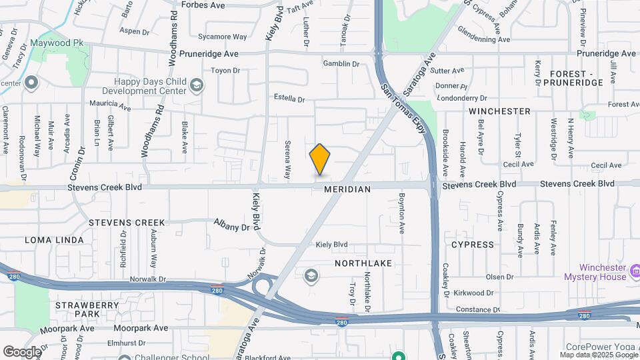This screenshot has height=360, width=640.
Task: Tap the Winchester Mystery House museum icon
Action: click(x=635, y=272)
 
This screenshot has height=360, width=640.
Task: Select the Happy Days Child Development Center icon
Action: click(x=196, y=85)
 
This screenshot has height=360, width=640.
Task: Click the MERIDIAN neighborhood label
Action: click(x=347, y=189)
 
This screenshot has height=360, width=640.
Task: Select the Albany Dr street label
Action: click(x=231, y=225)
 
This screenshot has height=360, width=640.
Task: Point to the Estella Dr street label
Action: click(x=289, y=99)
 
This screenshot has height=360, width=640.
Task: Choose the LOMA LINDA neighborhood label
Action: click(x=55, y=240)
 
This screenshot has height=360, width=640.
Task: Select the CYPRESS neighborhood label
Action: click(x=473, y=245)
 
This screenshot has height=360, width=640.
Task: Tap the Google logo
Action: click(x=22, y=351)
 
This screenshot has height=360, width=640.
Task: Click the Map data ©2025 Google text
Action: click(x=598, y=355)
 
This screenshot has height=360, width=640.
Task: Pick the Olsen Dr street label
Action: click(x=499, y=277)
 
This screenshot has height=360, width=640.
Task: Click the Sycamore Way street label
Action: click(x=227, y=37)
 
